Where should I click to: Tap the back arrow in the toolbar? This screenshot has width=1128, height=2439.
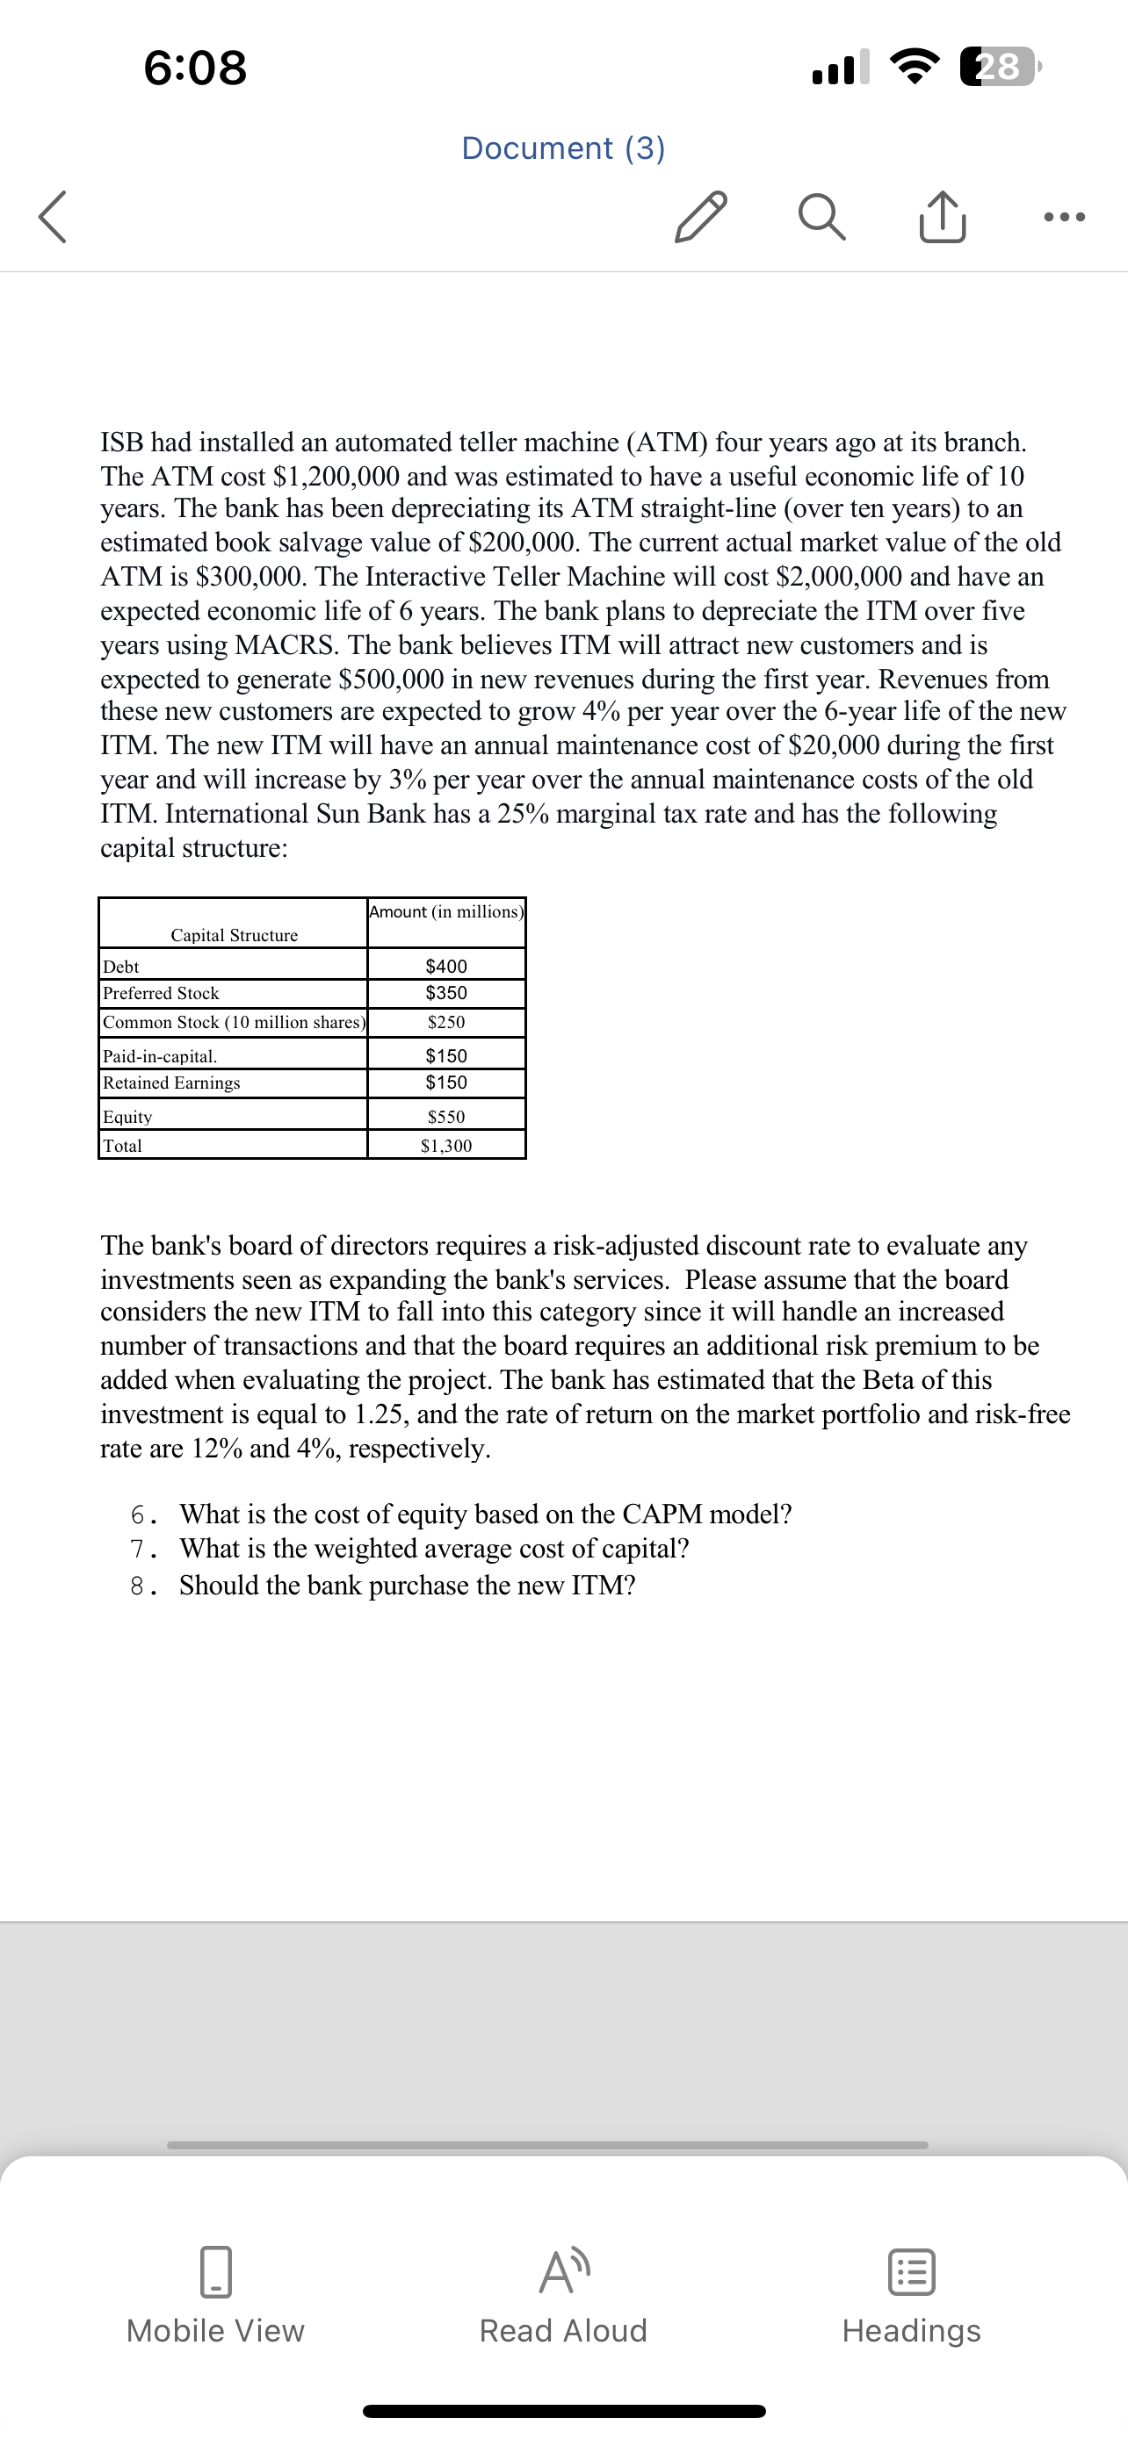pos(53,217)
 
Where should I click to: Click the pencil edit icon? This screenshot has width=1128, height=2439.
pos(701,217)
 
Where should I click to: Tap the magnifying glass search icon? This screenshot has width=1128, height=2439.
pos(821,217)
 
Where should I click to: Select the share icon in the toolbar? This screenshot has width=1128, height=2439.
pos(943,217)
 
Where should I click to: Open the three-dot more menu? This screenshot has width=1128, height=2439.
pos(1064,217)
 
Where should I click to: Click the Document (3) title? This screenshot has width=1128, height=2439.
pos(563,147)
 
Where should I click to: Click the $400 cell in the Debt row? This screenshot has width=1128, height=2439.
pos(446,966)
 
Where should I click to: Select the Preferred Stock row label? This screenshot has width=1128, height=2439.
pos(161,993)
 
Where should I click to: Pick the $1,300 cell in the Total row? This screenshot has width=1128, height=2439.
pos(446,1146)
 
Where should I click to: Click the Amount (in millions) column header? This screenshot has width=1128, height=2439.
pos(446,912)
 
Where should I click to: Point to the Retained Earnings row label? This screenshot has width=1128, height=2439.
pos(171,1083)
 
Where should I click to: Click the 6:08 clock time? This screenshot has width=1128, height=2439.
pos(196,68)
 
